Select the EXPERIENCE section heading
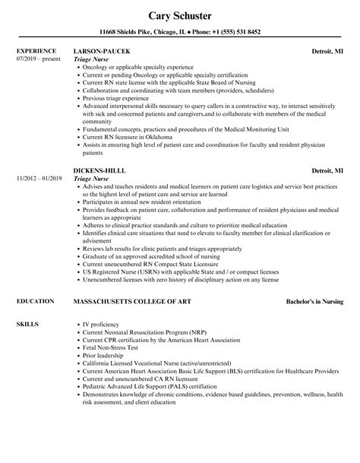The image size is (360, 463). (x=35, y=52)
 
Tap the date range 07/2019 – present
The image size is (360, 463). (x=38, y=59)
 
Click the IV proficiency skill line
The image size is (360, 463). (x=104, y=304)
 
